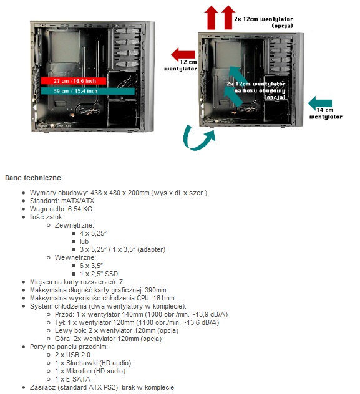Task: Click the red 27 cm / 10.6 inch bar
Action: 74,81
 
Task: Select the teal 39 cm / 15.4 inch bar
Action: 88,91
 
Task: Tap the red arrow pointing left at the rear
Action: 183,54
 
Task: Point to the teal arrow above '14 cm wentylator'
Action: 320,103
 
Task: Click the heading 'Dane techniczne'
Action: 33,178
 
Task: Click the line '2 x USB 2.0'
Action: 72,355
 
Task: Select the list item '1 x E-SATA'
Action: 72,379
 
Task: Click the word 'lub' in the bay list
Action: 84,241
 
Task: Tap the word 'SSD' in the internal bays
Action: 111,274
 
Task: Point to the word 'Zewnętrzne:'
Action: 74,225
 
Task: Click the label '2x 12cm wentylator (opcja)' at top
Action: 263,22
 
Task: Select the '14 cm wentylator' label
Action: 326,113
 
